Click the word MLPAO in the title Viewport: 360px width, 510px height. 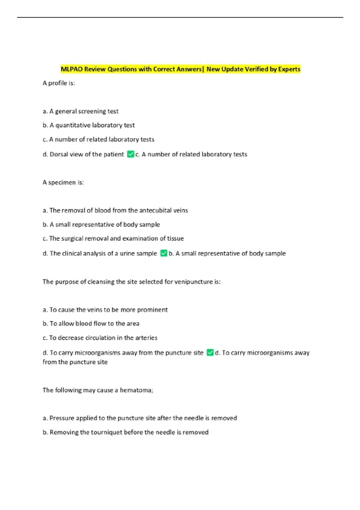coord(72,69)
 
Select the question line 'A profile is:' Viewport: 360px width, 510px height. coord(59,83)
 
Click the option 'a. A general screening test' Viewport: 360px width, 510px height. coord(80,111)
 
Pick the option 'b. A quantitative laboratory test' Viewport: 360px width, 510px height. coord(88,125)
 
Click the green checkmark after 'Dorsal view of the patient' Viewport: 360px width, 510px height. coord(130,154)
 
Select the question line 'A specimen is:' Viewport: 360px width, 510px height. coord(63,182)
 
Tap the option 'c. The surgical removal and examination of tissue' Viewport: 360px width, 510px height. coord(113,238)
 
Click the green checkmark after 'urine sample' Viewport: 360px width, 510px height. coord(164,253)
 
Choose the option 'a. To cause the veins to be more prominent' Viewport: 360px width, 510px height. coord(105,310)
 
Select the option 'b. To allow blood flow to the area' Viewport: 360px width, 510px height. coord(91,323)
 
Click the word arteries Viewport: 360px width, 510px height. coord(146,338)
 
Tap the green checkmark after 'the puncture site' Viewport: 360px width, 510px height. coord(210,352)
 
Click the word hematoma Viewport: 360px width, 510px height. coord(136,390)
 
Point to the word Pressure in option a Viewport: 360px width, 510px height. coord(61,418)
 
